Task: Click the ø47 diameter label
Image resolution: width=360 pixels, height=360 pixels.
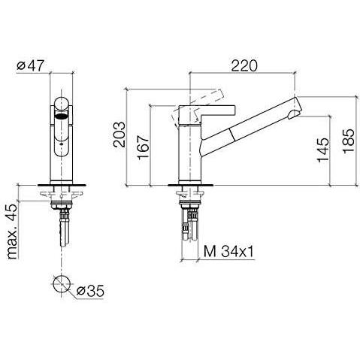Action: coord(30,65)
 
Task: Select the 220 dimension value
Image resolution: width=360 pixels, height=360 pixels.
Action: coord(244,65)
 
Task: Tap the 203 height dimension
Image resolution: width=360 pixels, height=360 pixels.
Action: coord(119,135)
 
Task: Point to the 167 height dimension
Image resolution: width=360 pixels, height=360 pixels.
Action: coord(143,147)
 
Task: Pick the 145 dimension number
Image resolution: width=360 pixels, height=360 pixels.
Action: coord(322,150)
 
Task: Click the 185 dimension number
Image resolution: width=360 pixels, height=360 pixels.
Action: coord(348,141)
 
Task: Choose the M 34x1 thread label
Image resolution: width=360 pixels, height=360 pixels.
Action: coord(228,251)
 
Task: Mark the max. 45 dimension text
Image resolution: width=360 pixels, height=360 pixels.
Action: coord(12,231)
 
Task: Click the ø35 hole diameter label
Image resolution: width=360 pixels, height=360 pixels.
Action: coord(90,291)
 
